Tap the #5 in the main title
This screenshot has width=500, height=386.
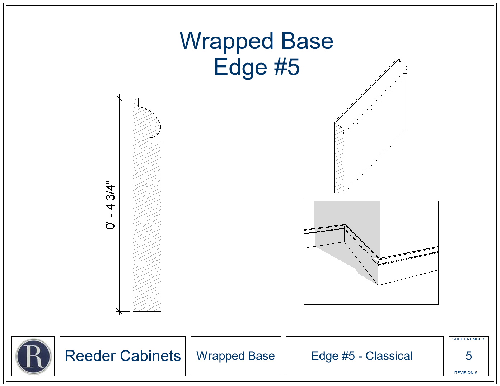point(287,67)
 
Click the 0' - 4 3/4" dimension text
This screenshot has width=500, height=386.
point(110,205)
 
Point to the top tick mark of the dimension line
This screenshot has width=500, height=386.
point(119,98)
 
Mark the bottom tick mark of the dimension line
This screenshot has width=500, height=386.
point(119,311)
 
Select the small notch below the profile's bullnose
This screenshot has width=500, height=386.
point(155,140)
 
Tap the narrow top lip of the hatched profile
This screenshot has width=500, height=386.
point(136,102)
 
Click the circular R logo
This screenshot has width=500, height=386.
point(33,356)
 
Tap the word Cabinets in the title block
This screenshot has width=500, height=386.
point(150,356)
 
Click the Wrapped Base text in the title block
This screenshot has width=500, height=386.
point(235,356)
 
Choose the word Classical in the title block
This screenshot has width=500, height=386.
point(389,356)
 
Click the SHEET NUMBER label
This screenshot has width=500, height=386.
point(468,339)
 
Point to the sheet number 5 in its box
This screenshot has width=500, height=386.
point(469,356)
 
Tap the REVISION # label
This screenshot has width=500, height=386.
point(466,373)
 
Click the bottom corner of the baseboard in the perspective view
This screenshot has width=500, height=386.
point(378,285)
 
